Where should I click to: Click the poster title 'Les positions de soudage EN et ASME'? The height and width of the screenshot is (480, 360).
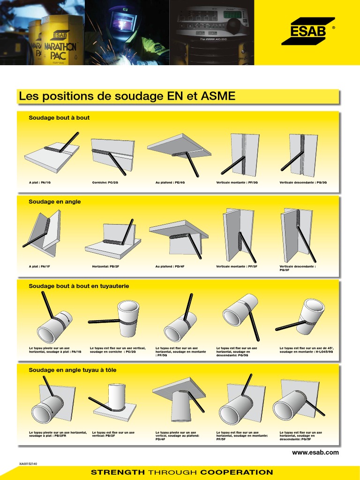click(127, 97)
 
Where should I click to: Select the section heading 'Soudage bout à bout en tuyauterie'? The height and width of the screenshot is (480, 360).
click(79, 286)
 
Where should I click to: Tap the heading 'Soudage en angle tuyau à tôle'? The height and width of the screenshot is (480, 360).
click(73, 370)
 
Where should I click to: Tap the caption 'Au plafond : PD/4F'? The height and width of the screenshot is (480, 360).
click(170, 266)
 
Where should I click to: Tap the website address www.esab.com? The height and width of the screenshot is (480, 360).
click(315, 452)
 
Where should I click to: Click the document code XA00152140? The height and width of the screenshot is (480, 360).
click(28, 464)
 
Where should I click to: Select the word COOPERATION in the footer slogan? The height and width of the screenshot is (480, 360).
click(236, 472)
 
